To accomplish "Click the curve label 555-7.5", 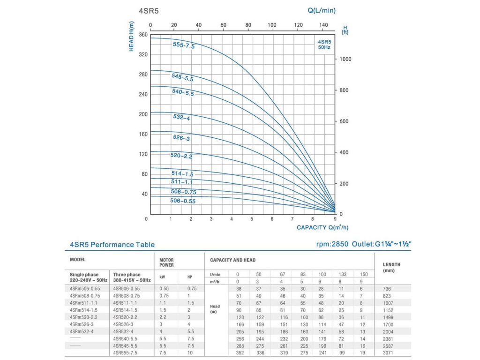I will (x=183, y=45).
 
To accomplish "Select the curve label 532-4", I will (x=181, y=118).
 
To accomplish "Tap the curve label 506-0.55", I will (x=183, y=201).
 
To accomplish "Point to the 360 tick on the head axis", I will (x=143, y=35).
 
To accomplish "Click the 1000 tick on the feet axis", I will (x=345, y=60).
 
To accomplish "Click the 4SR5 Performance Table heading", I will (x=112, y=244).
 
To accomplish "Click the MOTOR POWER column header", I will (x=166, y=262).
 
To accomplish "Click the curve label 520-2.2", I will (x=181, y=156).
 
